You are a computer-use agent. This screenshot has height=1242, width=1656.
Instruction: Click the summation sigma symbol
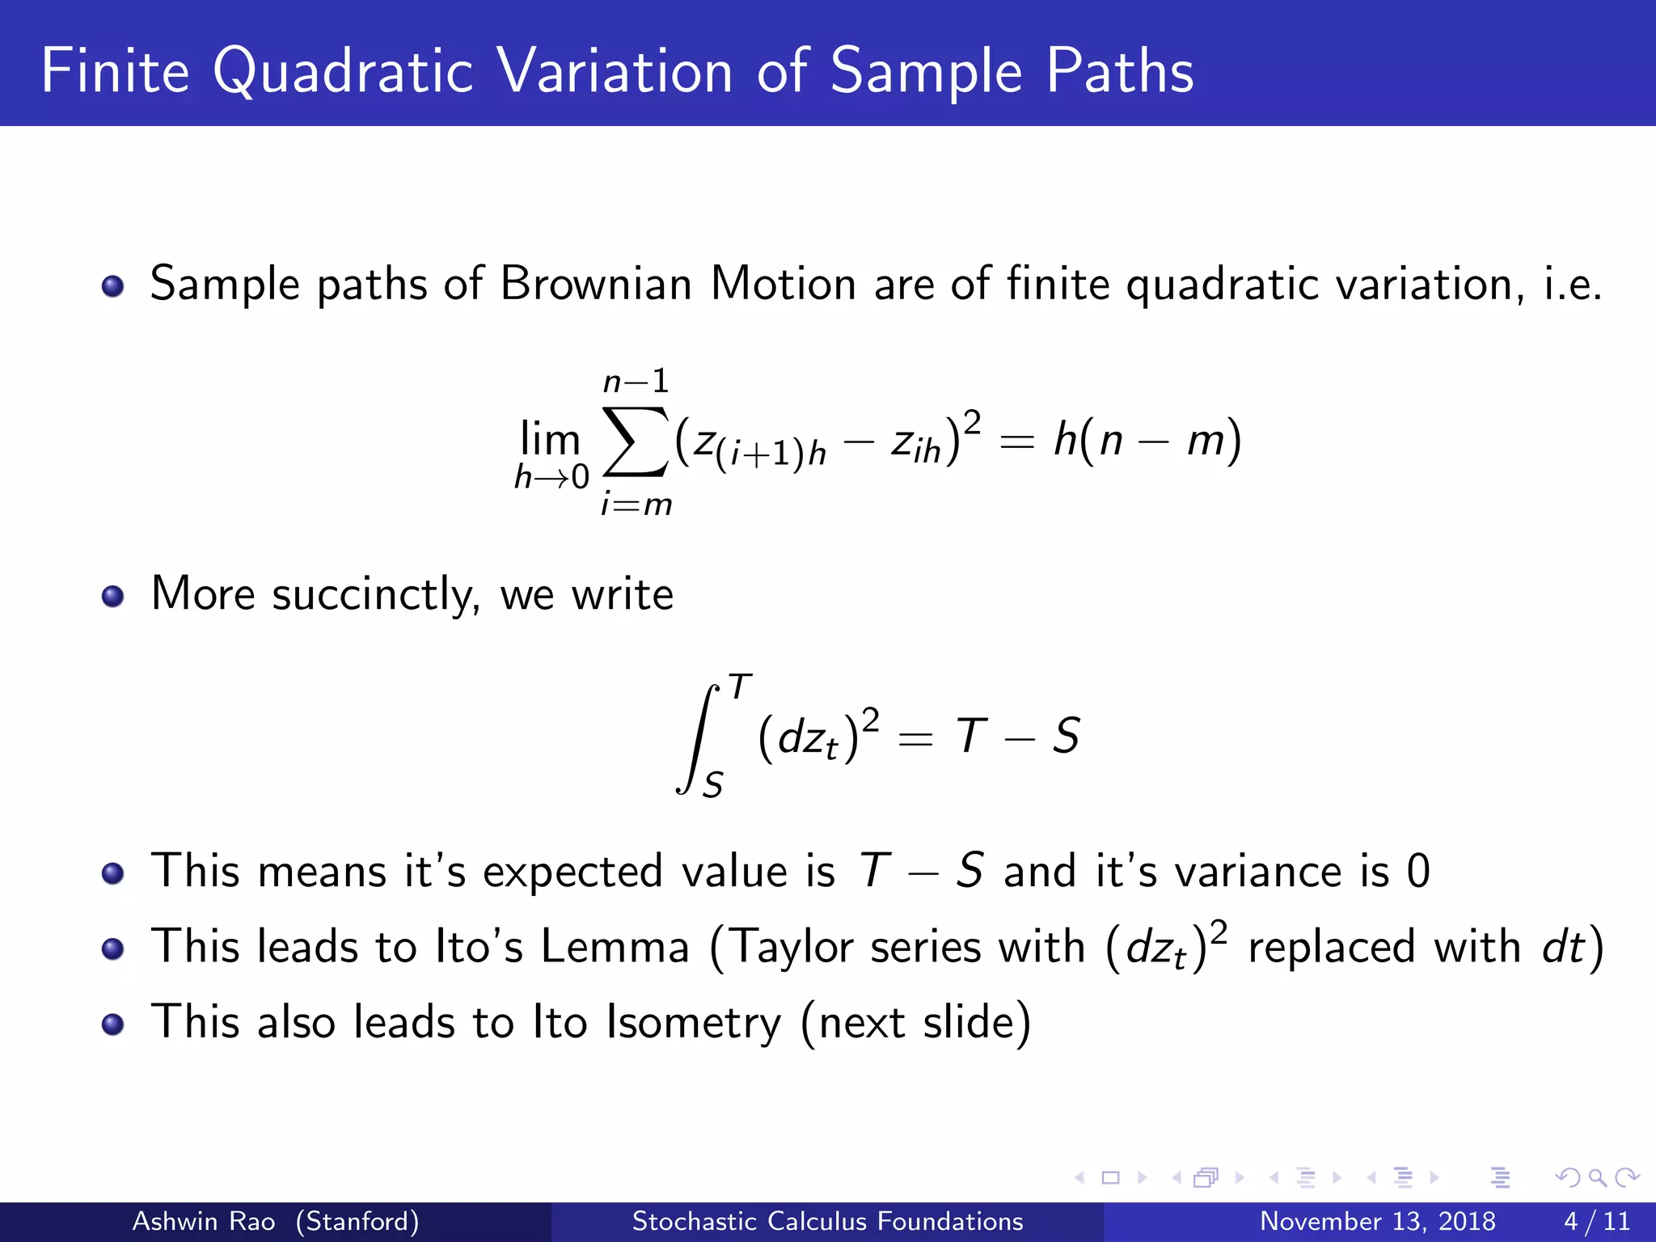(636, 442)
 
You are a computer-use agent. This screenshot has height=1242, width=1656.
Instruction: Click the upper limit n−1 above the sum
(636, 381)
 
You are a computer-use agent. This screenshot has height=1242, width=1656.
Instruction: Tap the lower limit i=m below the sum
(636, 505)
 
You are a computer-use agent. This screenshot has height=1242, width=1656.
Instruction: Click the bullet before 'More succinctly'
(112, 597)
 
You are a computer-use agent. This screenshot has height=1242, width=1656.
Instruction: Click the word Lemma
(615, 947)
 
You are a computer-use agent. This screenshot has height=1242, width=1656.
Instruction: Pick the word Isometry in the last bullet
(694, 1023)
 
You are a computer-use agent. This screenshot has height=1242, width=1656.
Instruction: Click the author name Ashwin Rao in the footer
(203, 1221)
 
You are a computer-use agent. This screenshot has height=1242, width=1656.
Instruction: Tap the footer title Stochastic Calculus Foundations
(827, 1221)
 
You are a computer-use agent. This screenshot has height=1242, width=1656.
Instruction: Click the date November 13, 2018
(1377, 1221)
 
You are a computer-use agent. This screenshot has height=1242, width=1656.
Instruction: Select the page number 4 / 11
(1596, 1221)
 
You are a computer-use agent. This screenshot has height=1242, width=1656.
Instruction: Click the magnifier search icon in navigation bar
(1597, 1177)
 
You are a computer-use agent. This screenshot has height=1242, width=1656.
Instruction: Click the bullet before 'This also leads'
(112, 1024)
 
